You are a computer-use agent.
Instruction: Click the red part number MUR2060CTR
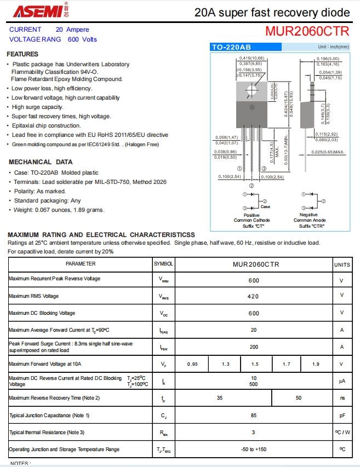click(x=307, y=31)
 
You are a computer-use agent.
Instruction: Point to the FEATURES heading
click(x=22, y=54)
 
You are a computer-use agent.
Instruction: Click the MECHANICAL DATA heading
click(x=41, y=162)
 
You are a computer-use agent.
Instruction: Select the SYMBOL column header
click(x=163, y=264)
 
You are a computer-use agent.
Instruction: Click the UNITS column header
click(x=342, y=264)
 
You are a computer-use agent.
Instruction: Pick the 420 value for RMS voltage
click(x=254, y=296)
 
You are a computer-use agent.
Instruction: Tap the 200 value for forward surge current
click(x=254, y=347)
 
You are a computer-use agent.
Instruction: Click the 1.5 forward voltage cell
click(x=255, y=365)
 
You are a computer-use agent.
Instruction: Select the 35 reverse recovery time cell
click(x=220, y=398)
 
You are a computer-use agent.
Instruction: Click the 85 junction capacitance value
click(x=254, y=416)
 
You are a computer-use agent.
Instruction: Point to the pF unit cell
click(x=342, y=416)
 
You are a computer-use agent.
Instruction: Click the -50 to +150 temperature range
click(x=254, y=449)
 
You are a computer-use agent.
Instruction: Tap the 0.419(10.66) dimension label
click(x=252, y=58)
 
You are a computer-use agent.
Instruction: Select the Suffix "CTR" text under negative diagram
click(x=311, y=226)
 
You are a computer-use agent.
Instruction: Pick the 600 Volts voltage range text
click(x=82, y=39)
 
